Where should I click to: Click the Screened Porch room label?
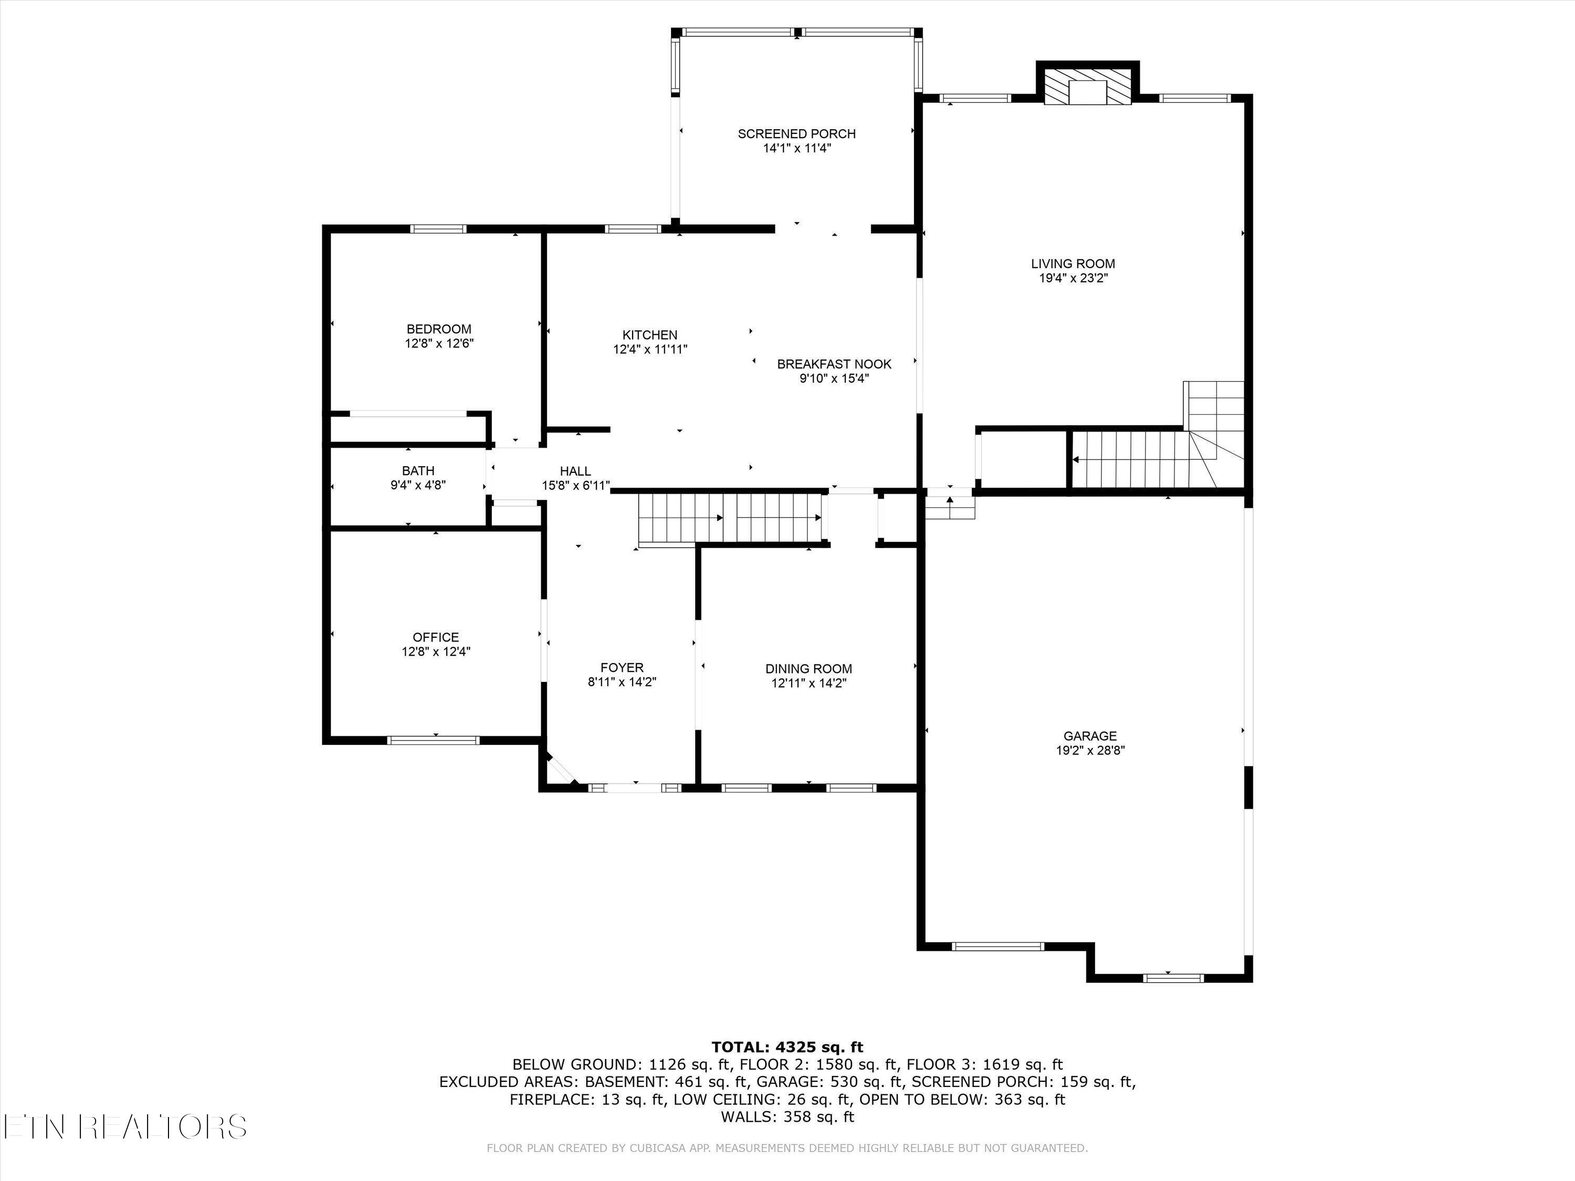click(797, 134)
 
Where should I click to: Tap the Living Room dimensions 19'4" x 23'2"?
click(1073, 278)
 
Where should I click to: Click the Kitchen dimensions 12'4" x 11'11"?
click(650, 350)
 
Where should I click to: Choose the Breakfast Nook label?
click(834, 364)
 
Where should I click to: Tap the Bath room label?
click(418, 470)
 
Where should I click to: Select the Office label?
click(436, 637)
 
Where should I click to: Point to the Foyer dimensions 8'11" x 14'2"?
click(622, 682)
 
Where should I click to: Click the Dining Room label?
click(809, 669)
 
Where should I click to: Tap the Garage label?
click(1090, 736)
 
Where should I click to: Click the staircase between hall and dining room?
click(731, 518)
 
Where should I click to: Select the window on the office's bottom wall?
click(434, 740)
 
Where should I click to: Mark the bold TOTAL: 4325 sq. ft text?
click(787, 1047)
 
